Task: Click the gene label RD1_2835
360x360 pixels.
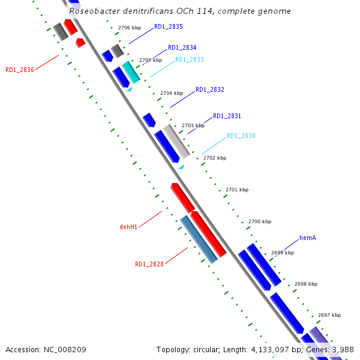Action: [169, 27]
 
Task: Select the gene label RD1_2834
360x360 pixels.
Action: [182, 47]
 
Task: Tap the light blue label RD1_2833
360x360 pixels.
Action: [190, 60]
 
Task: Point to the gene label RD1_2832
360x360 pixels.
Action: [210, 89]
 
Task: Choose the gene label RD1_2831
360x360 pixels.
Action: [227, 116]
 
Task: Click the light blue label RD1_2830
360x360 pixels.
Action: [241, 136]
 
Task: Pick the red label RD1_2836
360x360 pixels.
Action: [20, 70]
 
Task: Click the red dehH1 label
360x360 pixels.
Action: [128, 227]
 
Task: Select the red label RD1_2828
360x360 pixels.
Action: [149, 264]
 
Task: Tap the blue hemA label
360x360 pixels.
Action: [308, 238]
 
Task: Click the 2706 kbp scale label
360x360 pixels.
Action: [130, 28]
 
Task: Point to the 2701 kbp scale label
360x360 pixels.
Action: [237, 190]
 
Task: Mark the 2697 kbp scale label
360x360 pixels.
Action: [329, 315]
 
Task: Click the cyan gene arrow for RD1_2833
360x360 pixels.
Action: [131, 72]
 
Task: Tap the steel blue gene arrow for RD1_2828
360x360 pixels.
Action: [199, 239]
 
